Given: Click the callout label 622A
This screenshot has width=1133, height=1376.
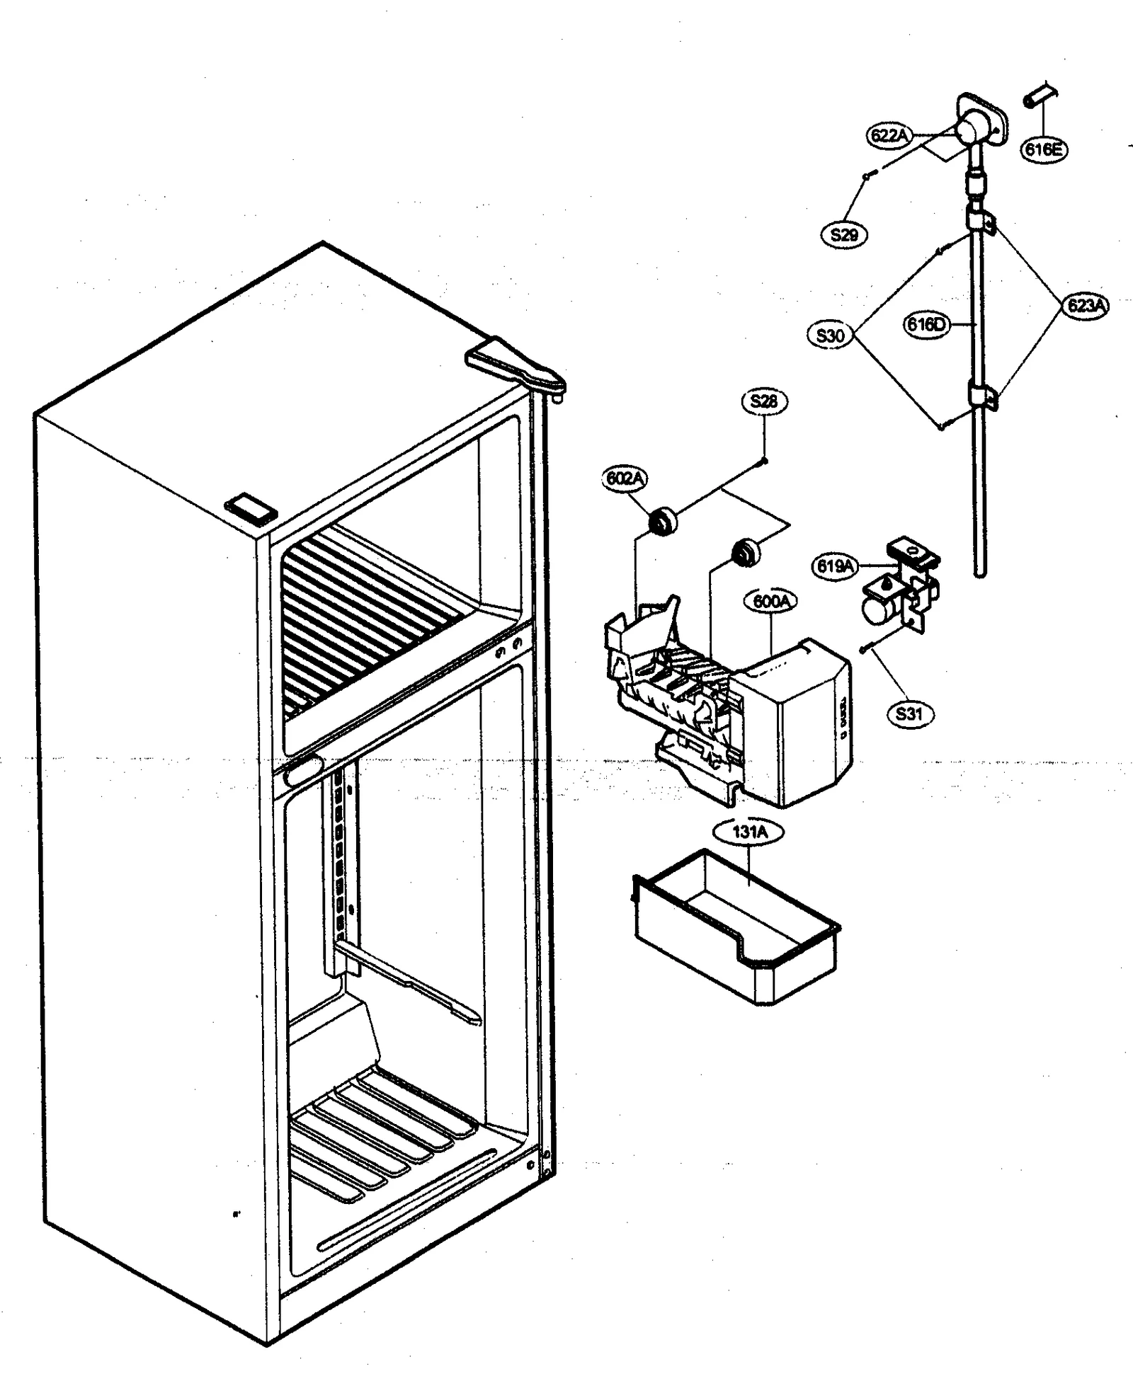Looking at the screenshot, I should tap(889, 135).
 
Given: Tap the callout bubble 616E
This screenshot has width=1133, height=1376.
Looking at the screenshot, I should tap(1044, 149).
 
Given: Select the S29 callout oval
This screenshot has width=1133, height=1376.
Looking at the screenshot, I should tap(844, 234).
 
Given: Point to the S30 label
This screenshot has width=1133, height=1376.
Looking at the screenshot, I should tap(830, 335).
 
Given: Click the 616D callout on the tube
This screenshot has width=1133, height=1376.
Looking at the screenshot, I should tap(926, 325).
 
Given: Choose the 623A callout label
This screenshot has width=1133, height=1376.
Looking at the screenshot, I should tap(1086, 306).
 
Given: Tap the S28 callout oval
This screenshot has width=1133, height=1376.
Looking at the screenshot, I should tap(764, 401).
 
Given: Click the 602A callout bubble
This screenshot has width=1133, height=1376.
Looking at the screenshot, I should tap(625, 478).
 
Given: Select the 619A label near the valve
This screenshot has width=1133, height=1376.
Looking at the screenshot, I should tap(835, 566).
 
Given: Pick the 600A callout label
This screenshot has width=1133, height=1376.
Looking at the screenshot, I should tap(770, 602).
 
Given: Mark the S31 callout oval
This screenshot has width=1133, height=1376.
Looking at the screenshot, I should tap(909, 713).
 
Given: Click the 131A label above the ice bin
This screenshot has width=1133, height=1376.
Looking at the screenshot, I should tap(749, 832).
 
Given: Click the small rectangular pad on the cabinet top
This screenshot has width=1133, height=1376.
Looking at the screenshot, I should tap(250, 510).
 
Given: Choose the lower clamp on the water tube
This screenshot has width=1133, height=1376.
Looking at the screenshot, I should tap(980, 397).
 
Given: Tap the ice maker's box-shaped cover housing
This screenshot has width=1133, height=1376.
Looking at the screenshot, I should tap(793, 722).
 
